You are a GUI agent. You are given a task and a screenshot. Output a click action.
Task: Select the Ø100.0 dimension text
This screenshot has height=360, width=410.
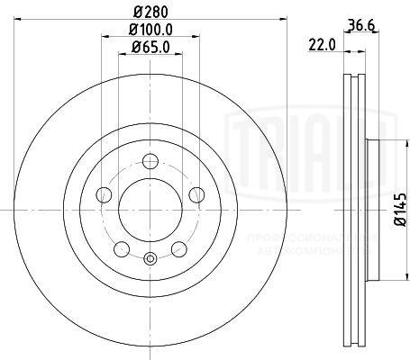point(150,32)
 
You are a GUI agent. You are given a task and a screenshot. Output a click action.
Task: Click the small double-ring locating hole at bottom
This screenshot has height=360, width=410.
point(150,262)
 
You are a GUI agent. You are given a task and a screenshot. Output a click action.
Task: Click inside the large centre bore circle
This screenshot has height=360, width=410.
point(150,212)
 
